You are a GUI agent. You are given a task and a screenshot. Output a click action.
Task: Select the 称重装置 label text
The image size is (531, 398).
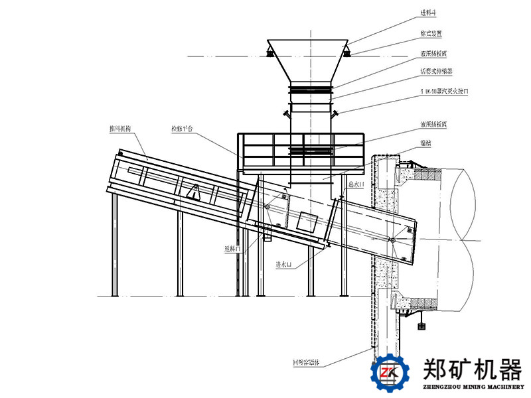pos(432,32)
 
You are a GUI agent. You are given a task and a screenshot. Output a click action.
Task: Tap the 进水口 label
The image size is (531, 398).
pos(283,264)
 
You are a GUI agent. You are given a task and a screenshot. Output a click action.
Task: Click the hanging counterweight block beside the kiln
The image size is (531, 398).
pos(419,325)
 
